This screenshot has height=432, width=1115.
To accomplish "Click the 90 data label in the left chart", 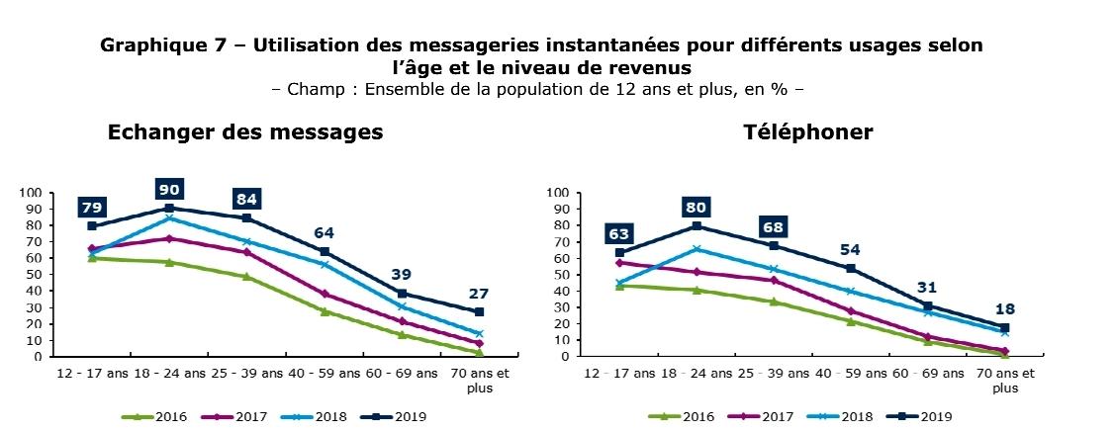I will coord(169,189).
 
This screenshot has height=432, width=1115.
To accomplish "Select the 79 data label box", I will coord(91,207).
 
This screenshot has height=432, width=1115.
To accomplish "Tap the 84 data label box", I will coord(246,199).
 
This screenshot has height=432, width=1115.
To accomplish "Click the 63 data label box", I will coord(620,234).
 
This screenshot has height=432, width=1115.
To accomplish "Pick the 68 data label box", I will coord(773,226).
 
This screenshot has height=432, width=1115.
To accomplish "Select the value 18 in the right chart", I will coord(1004,308).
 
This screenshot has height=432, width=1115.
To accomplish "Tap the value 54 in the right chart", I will coord(851,249).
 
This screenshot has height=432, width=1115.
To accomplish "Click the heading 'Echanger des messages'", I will coord(245,131).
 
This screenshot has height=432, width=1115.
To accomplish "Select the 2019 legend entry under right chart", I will coord(920,417).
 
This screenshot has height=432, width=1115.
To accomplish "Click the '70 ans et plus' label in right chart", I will coord(1004,381).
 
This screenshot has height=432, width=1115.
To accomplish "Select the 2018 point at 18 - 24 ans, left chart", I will coord(169,217).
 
